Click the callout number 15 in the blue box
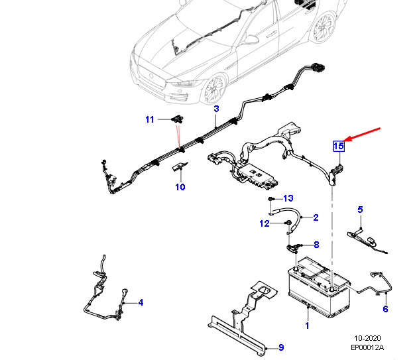coord(339,147)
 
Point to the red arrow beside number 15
coord(362,135)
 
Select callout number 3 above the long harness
coord(216,109)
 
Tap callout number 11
coord(150,119)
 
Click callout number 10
coord(180,187)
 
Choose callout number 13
coord(288,198)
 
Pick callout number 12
coord(265,223)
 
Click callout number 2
coord(316,217)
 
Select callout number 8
coord(316,245)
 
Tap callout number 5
coord(360,210)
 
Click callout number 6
coord(385,309)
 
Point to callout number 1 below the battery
coord(307,326)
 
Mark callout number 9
coord(281,347)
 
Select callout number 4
coord(141,302)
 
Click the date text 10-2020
coord(367,338)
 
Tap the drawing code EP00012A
coord(367,347)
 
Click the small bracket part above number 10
coord(179,166)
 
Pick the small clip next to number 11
coord(177,119)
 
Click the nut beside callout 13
coord(270,199)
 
